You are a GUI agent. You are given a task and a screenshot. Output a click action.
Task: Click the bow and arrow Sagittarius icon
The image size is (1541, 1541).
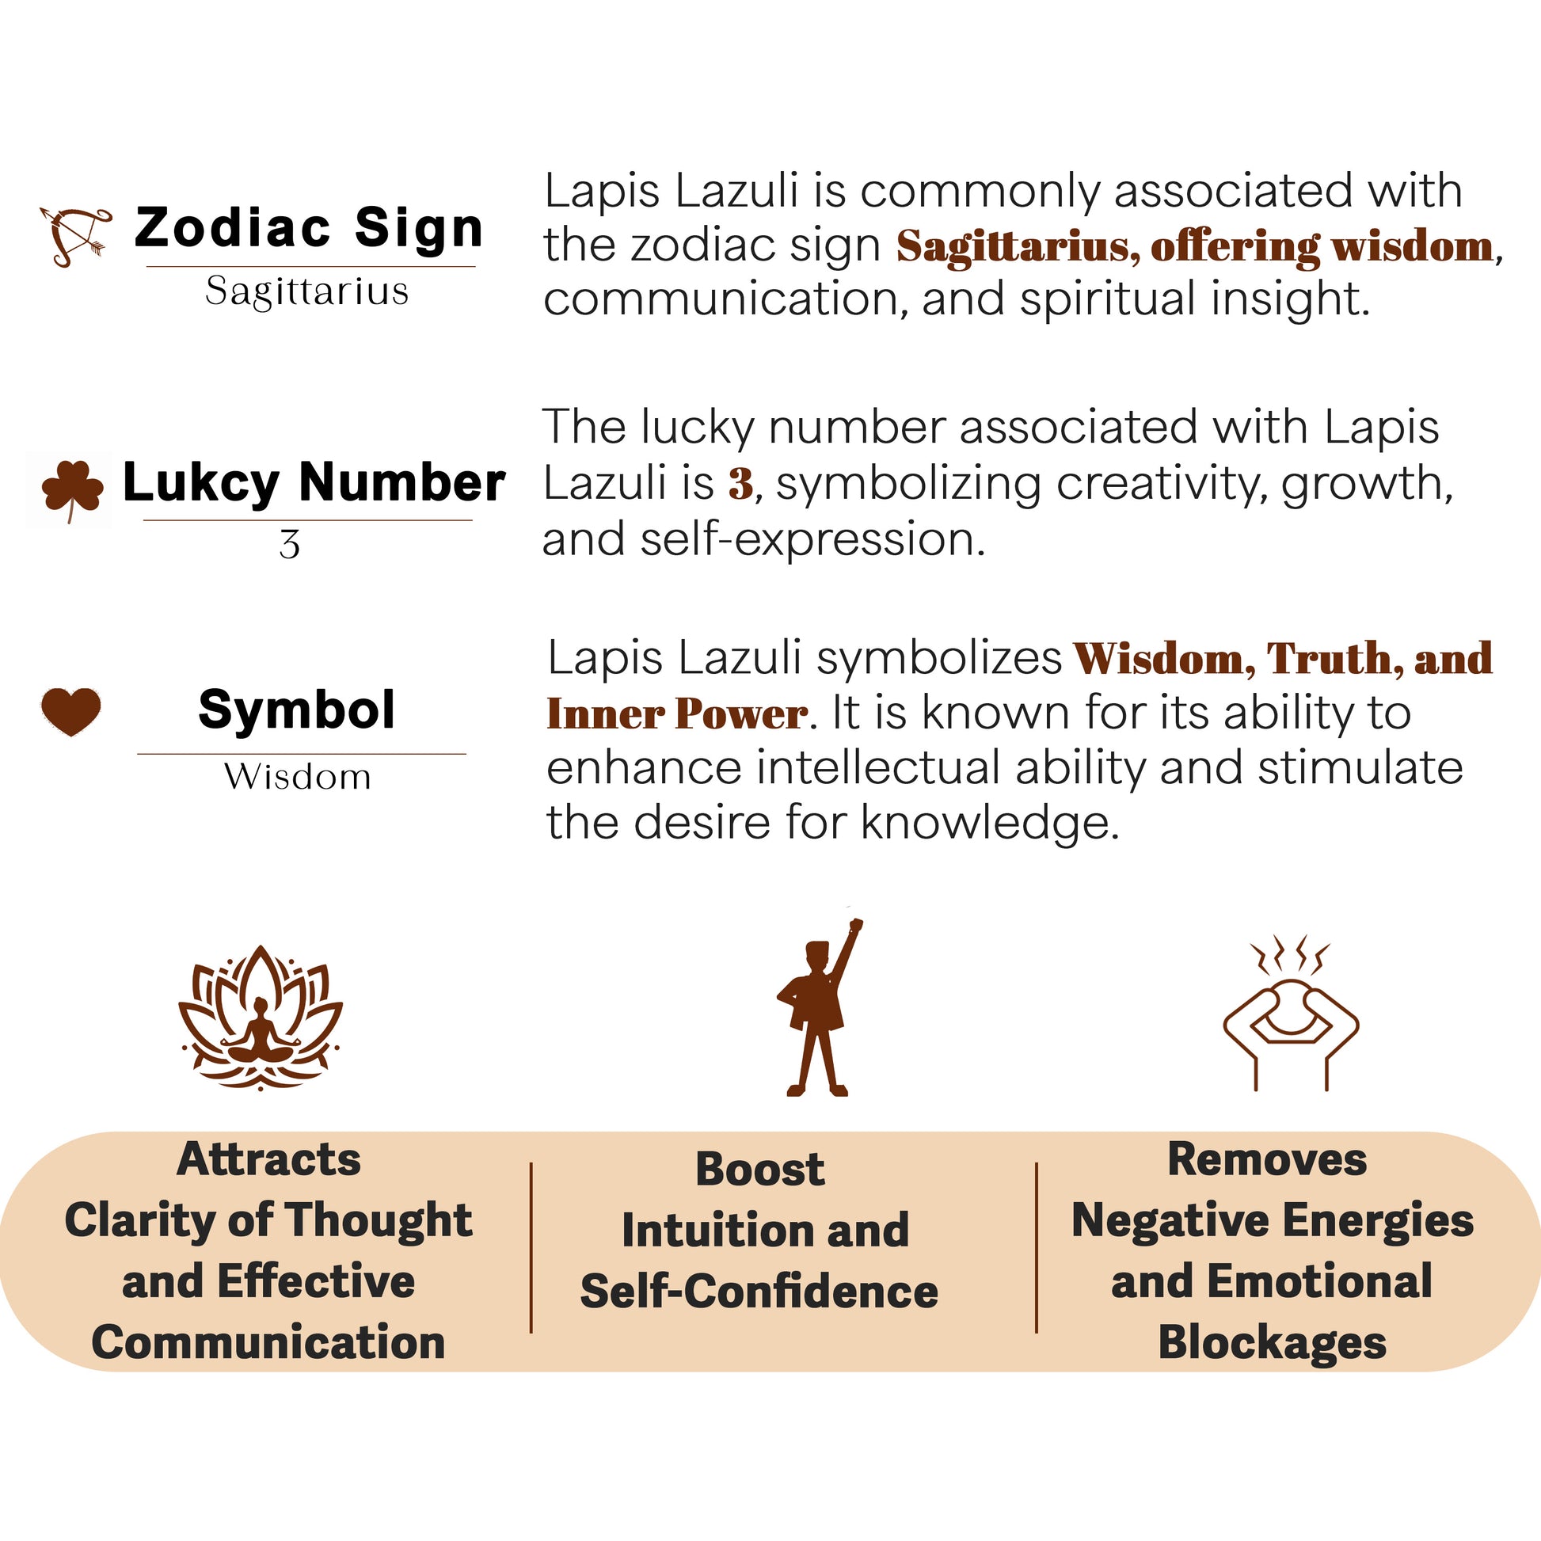pos(76,236)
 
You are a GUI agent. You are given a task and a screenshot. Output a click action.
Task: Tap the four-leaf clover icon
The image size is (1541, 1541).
pos(72,487)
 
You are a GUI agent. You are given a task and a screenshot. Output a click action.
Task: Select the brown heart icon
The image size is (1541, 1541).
pos(71,710)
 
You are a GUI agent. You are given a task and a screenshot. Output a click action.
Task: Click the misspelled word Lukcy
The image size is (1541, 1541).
pos(201,483)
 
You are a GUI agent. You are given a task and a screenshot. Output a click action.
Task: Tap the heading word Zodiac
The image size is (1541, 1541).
pos(232,228)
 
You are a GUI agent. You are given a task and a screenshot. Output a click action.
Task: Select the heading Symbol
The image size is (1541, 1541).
pos(297,710)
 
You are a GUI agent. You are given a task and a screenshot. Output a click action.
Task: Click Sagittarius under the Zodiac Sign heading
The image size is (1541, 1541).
pos(307,291)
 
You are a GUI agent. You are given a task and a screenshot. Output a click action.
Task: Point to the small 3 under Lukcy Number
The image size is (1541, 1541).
pos(290,545)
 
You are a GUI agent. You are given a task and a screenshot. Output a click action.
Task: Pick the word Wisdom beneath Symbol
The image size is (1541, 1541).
pos(298,777)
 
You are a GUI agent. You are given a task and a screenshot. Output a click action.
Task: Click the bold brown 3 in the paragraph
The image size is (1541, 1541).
pos(740,484)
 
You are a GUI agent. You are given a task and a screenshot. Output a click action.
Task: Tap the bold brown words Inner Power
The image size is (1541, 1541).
pos(676,713)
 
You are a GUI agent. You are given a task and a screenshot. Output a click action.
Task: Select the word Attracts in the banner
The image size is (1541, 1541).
pos(268,1159)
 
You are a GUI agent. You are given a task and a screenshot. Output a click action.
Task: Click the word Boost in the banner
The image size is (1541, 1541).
pos(760,1170)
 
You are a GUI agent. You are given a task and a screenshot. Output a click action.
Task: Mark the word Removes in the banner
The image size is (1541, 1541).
pos(1268,1159)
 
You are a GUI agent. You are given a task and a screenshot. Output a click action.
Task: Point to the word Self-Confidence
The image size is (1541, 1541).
pos(759,1292)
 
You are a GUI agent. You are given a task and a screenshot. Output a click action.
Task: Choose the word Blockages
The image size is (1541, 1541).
pos(1273,1342)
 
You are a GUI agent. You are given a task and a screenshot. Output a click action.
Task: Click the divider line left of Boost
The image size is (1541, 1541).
pos(531,1247)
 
